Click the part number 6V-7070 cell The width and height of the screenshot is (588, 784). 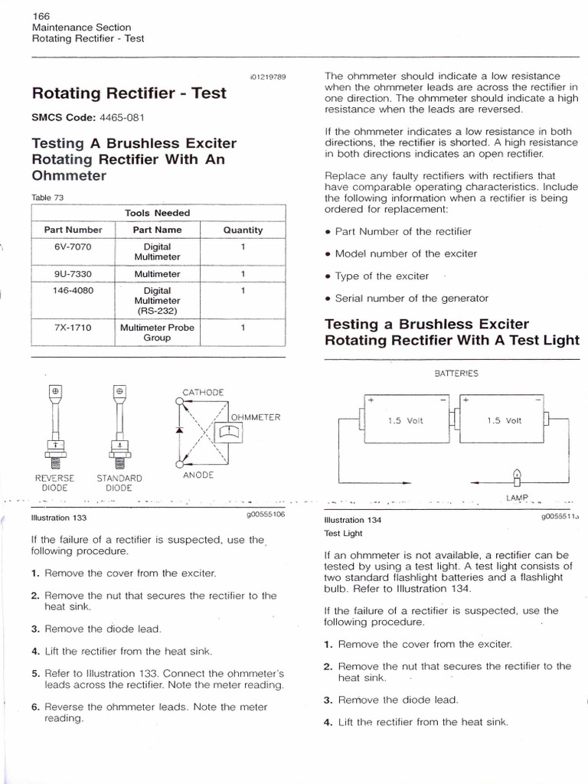coord(73,247)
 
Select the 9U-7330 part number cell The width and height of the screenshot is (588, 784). coord(73,273)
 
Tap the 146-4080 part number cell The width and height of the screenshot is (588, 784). coord(73,291)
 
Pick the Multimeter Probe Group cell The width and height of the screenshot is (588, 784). coord(157,332)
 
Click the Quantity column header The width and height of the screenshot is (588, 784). coord(243,230)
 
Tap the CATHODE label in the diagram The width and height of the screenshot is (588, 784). coord(204,392)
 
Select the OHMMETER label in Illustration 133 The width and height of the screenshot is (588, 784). coord(256,417)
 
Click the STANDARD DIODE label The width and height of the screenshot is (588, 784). coord(119,482)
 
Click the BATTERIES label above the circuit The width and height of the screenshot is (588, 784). coord(456,374)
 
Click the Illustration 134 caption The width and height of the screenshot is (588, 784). coord(353,520)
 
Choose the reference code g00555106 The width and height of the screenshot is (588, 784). coord(262,515)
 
